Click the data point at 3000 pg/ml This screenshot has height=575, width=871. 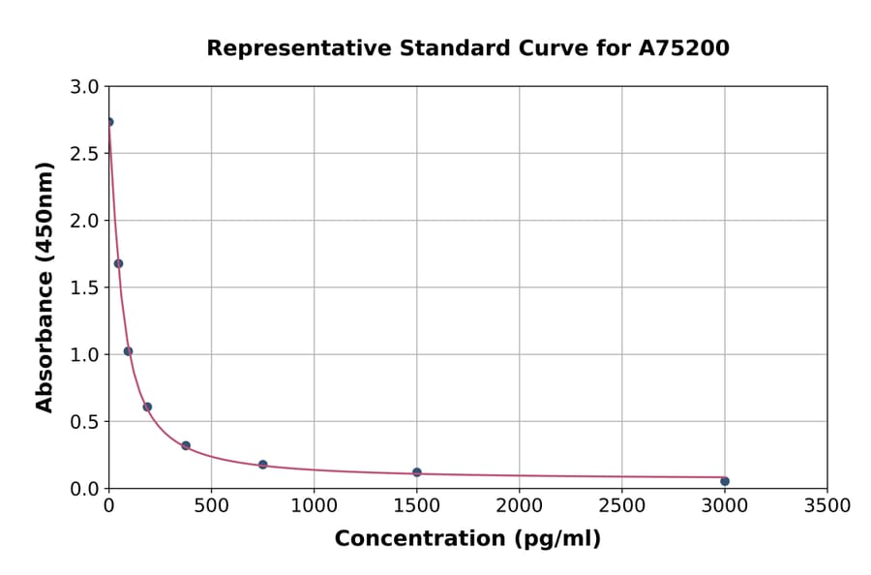[725, 481]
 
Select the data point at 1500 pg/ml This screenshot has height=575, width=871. [417, 472]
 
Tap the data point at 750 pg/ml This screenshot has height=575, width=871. [263, 465]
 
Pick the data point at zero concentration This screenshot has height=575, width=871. [109, 122]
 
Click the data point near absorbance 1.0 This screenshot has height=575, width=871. [128, 351]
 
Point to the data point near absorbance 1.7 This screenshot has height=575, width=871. [118, 263]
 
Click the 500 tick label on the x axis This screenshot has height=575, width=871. [211, 505]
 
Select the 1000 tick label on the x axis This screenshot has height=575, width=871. [314, 505]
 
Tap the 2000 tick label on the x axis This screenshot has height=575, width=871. [520, 505]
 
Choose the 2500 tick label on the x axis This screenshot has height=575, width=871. [622, 505]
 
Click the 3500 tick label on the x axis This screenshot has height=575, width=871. [827, 505]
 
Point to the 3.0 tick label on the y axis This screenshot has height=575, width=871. [84, 87]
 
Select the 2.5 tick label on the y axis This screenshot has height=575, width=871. [84, 154]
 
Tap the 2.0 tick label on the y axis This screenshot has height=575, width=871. [84, 221]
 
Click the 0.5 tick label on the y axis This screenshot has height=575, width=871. [84, 422]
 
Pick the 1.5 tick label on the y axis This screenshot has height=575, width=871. [84, 287]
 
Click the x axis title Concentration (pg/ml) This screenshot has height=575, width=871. [467, 539]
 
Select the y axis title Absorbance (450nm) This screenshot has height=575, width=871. [45, 287]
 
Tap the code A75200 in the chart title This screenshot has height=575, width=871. [683, 48]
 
